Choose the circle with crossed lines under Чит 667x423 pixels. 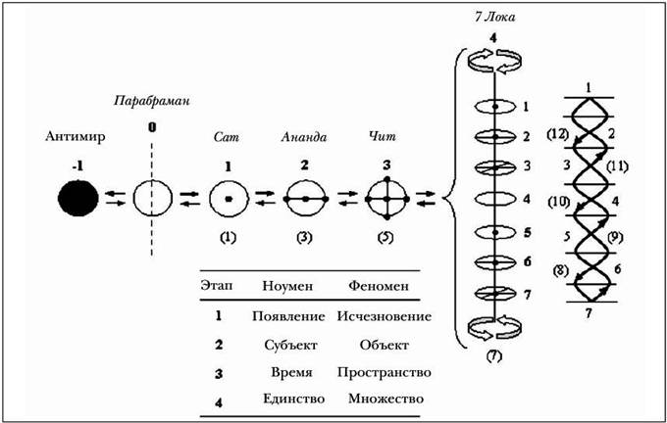click(x=384, y=199)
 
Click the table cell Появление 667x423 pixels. click(x=286, y=317)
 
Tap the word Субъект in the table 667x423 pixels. click(x=286, y=346)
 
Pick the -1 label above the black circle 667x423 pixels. click(x=77, y=166)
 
